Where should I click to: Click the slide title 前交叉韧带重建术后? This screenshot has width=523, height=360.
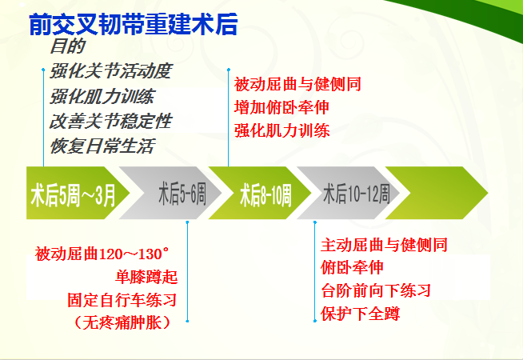point(133,24)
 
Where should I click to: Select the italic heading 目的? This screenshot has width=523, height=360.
point(68,46)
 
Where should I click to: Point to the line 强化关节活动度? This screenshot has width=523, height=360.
point(110,71)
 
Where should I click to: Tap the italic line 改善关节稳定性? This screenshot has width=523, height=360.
point(110,121)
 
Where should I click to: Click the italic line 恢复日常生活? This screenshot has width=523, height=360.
point(102,146)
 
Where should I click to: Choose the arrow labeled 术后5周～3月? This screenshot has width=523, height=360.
point(78,193)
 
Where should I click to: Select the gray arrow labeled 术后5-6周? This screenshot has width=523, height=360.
point(170,193)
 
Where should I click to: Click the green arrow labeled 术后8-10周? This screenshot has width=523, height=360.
point(260,193)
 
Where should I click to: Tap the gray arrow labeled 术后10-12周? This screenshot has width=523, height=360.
point(349,193)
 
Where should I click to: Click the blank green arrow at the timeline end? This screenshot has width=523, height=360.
point(437,193)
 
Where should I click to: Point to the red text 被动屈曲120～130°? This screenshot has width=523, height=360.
point(102,254)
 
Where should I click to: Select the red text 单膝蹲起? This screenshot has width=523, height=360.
point(146,277)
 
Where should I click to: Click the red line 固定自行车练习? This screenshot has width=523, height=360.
point(122,300)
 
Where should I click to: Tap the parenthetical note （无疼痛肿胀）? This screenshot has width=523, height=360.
point(122,322)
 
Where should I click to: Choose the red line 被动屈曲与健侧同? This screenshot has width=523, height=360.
point(297,84)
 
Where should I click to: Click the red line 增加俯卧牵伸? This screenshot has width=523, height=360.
point(281,107)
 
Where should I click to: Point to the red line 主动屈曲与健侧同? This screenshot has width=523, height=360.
point(384,245)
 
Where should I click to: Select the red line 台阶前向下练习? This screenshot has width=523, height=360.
point(376,290)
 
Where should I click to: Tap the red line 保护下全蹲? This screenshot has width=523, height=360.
point(360,314)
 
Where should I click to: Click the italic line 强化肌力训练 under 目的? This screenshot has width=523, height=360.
point(102,96)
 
